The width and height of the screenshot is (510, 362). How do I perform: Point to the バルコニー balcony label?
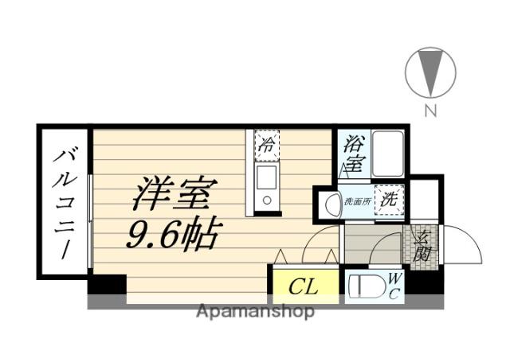coord(65,204)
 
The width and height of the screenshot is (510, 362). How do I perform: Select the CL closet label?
coord(303,286)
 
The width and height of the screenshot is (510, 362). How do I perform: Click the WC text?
coord(394,286)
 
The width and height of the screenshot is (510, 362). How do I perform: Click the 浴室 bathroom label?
coord(355,153)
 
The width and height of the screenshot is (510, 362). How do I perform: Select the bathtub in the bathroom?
coord(388,154)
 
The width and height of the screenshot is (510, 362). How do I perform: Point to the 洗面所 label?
coord(358,201)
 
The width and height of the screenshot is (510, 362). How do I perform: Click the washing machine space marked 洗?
coord(389,200)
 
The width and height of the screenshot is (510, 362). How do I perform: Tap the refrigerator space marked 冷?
coord(267,146)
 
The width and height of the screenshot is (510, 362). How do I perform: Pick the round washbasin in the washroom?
coord(332,204)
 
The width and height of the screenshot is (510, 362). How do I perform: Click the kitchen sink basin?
coord(267,178)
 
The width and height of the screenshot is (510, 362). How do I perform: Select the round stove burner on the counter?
coord(267,200)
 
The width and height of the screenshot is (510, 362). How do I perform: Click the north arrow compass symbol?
coord(430,72)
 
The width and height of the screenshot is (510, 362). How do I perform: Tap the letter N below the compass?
coord(430,111)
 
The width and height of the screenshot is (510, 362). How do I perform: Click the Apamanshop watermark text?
coord(255,312)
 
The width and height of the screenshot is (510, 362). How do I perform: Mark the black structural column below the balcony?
coord(107,284)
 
